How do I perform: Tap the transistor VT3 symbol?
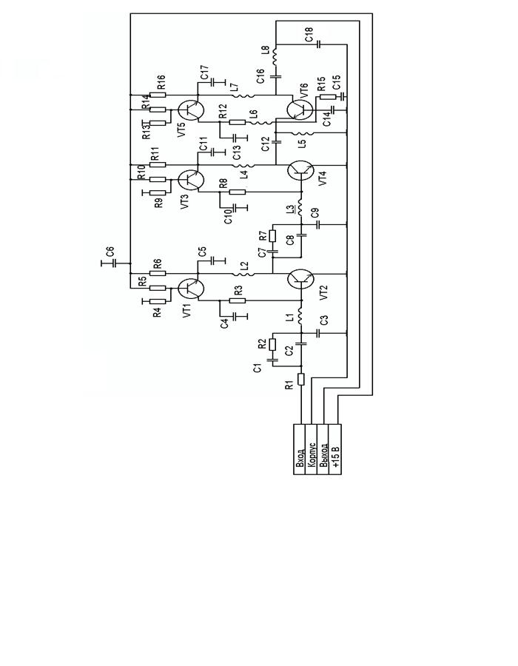[x=191, y=180]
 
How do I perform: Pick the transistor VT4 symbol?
[x=300, y=170]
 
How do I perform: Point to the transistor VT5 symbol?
[x=191, y=111]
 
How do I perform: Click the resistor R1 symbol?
[x=300, y=380]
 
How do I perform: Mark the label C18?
[x=309, y=34]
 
